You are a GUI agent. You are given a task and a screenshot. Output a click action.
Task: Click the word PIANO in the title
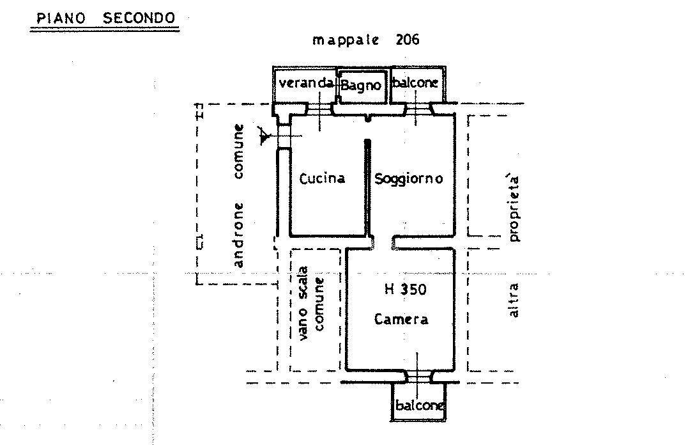click(x=61, y=18)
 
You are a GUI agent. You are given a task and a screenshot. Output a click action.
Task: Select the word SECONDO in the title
click(x=139, y=18)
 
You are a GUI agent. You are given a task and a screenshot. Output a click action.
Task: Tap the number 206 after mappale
click(x=407, y=40)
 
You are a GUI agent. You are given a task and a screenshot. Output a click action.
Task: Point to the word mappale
click(x=346, y=40)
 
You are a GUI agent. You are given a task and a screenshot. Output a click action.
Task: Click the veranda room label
click(x=306, y=82)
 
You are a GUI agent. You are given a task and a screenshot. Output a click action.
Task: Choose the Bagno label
click(x=361, y=85)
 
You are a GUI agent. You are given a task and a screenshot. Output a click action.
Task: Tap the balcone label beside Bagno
click(x=415, y=82)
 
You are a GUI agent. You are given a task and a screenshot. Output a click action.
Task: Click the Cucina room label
click(x=322, y=178)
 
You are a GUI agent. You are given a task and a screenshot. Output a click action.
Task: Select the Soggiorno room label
click(x=408, y=179)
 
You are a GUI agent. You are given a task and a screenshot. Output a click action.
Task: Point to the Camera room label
click(x=401, y=319)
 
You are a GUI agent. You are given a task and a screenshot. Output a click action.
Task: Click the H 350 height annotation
click(x=406, y=289)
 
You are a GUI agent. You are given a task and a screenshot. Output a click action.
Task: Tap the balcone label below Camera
click(x=419, y=405)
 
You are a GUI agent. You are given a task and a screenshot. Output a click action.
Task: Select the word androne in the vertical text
click(x=238, y=235)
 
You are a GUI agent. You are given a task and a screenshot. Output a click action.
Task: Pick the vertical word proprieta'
click(x=514, y=208)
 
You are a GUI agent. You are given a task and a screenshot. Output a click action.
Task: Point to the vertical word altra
click(x=513, y=300)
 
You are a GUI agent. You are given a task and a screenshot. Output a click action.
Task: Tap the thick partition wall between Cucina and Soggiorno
click(x=368, y=187)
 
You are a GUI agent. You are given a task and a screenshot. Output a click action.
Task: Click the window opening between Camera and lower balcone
click(x=418, y=377)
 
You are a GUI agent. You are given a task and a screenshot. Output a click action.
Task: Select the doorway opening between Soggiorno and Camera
click(x=383, y=242)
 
